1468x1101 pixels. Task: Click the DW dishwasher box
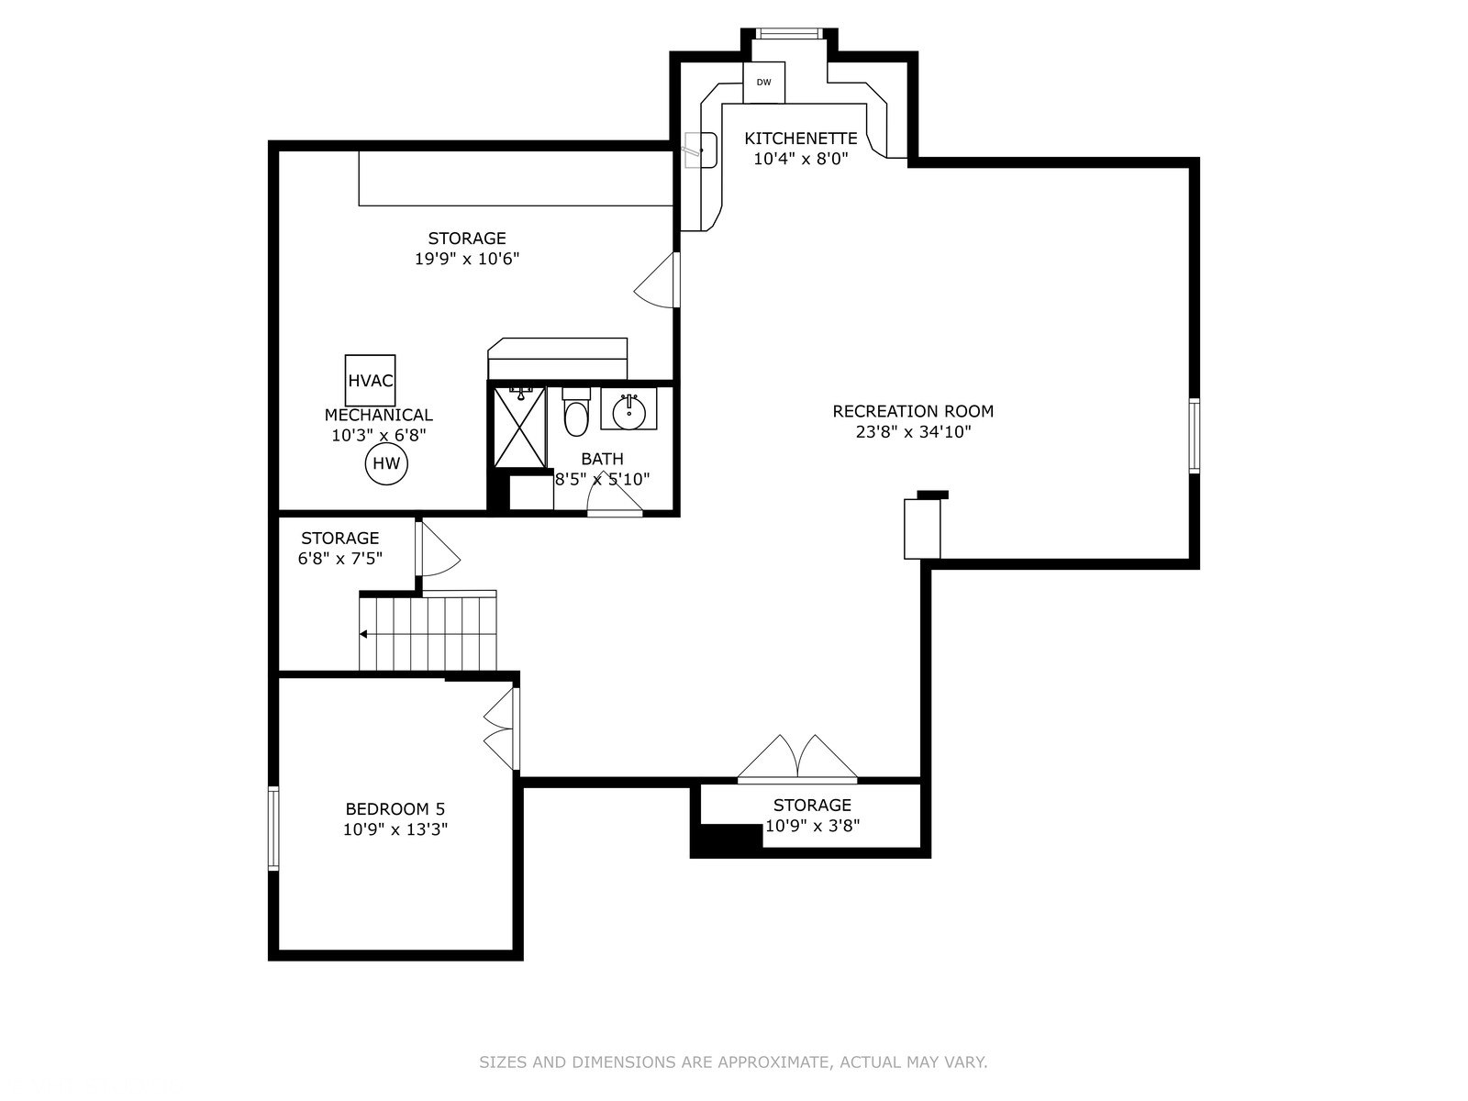pyautogui.click(x=763, y=83)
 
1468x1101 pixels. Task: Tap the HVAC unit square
pyautogui.click(x=370, y=381)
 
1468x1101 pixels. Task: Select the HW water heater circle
pyautogui.click(x=386, y=463)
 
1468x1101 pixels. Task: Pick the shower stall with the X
pyautogui.click(x=519, y=428)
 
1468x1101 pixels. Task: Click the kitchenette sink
pyautogui.click(x=700, y=150)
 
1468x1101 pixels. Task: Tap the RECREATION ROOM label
pyautogui.click(x=913, y=411)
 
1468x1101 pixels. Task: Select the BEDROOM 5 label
pyautogui.click(x=395, y=809)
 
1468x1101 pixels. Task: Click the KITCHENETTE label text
pyautogui.click(x=801, y=139)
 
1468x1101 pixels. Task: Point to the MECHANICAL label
pyautogui.click(x=379, y=415)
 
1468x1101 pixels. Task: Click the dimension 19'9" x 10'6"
pyautogui.click(x=467, y=259)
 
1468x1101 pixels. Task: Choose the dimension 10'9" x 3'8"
pyautogui.click(x=812, y=826)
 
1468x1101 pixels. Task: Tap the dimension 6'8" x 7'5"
pyautogui.click(x=339, y=558)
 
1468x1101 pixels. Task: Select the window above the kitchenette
pyautogui.click(x=789, y=33)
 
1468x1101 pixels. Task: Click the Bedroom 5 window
pyautogui.click(x=273, y=829)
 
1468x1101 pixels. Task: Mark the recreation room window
pyautogui.click(x=1194, y=436)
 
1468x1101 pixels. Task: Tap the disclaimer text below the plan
pyautogui.click(x=733, y=1062)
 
